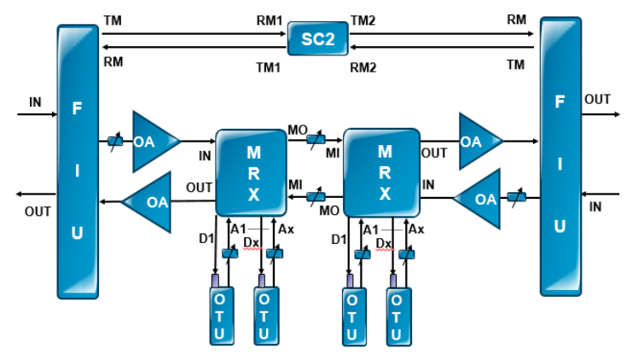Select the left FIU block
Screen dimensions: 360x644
pyautogui.click(x=78, y=161)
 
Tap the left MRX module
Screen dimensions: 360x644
pyautogui.click(x=250, y=171)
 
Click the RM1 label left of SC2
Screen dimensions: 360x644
pyautogui.click(x=270, y=19)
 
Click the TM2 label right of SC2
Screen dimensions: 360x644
pyautogui.click(x=363, y=19)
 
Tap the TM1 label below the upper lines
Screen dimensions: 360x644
pyautogui.click(x=270, y=66)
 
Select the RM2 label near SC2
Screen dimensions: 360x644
pyautogui.click(x=363, y=66)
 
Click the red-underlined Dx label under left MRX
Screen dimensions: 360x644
pyautogui.click(x=251, y=242)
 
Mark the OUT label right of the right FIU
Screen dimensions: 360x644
pyautogui.click(x=597, y=99)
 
